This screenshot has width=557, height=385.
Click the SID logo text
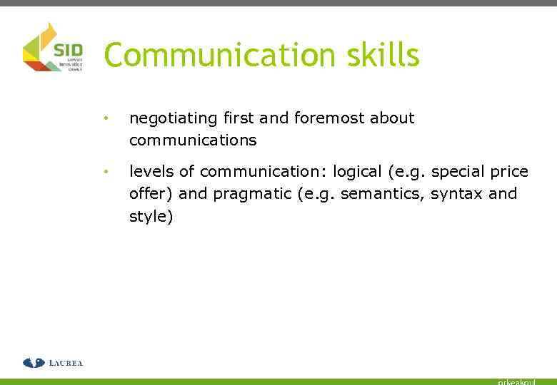pyautogui.click(x=69, y=51)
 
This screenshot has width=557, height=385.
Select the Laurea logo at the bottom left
pyautogui.click(x=53, y=363)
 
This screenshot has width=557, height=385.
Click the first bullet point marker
pyautogui.click(x=105, y=118)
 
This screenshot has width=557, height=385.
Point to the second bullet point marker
pyautogui.click(x=105, y=172)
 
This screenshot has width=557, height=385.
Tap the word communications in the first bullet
pyautogui.click(x=193, y=140)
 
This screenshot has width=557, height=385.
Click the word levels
pyautogui.click(x=151, y=172)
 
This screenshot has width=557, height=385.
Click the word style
pyautogui.click(x=148, y=216)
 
